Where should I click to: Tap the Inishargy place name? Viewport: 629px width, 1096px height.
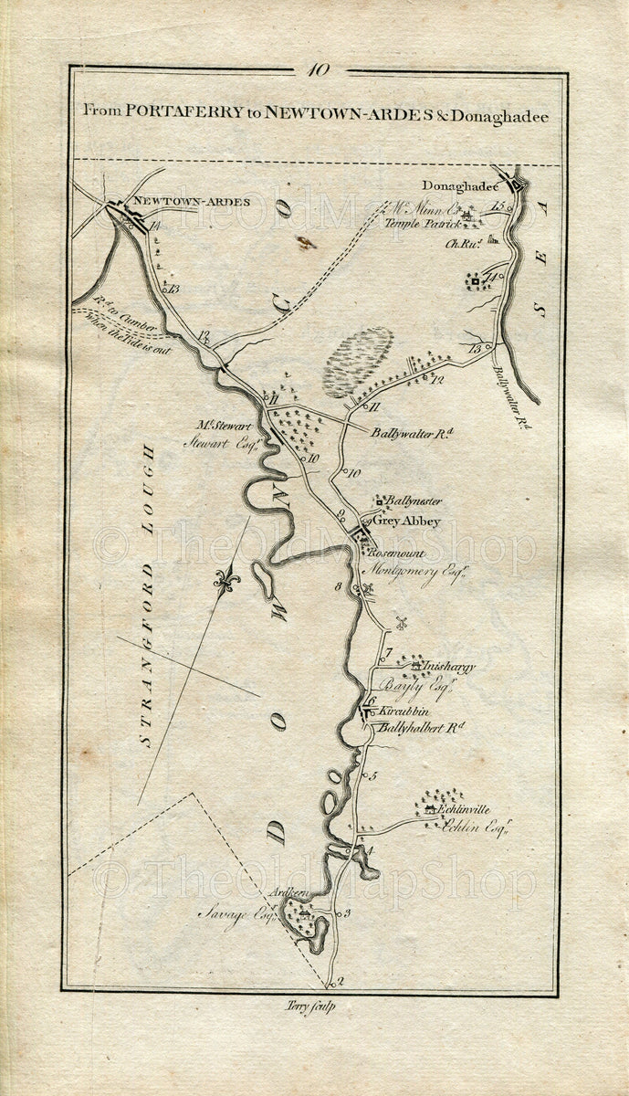[447, 668]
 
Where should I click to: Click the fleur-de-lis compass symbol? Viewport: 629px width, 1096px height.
[221, 579]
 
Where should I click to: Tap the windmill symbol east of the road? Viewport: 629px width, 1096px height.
[399, 623]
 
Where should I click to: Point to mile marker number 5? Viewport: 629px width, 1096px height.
[372, 776]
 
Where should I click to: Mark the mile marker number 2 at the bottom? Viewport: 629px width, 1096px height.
[340, 983]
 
